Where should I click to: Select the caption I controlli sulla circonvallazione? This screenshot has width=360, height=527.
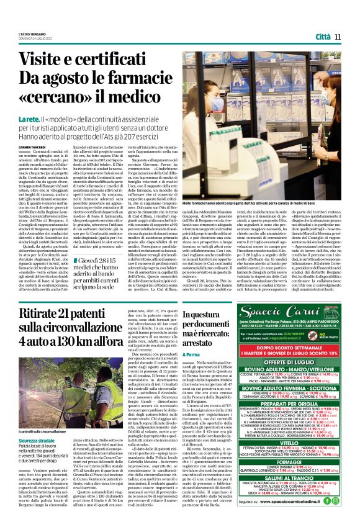coord(45,395)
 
